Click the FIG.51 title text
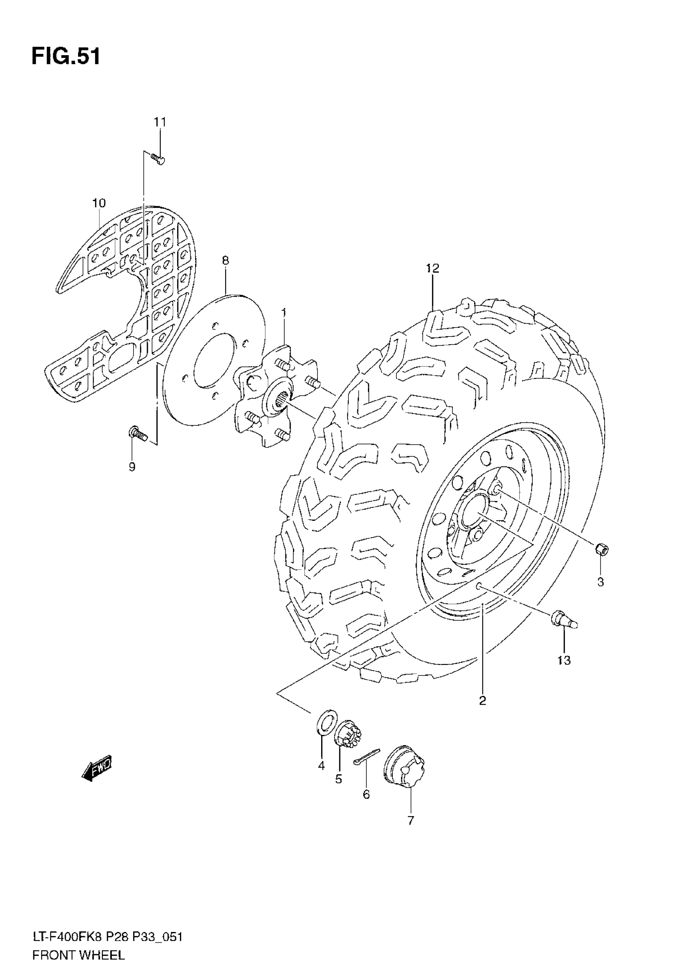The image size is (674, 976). pos(66,56)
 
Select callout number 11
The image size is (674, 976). pos(160,122)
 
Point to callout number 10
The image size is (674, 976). pos(99,203)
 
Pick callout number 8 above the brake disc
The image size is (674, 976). pos(226,260)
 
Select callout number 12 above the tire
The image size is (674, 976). pos(433,268)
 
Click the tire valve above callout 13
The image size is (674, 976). pos(563,620)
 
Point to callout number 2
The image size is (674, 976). pos(483,701)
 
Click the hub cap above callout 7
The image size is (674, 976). pos(404,767)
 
